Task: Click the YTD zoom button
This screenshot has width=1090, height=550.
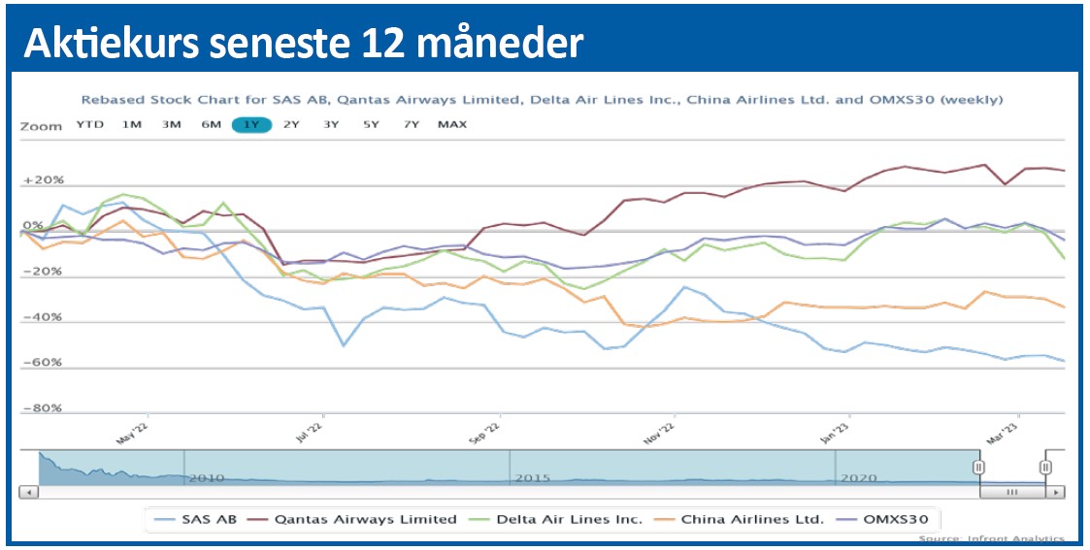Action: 89,124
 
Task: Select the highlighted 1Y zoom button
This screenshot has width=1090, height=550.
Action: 251,124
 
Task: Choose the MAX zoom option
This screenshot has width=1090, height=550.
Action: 451,124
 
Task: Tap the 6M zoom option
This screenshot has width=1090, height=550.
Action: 211,124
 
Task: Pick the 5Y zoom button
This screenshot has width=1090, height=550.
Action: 371,124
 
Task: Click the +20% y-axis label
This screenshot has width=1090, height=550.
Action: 42,181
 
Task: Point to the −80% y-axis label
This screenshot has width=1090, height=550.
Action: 42,408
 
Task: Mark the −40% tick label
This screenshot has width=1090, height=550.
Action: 42,317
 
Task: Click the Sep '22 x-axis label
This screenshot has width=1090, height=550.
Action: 485,433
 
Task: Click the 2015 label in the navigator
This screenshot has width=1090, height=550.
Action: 533,478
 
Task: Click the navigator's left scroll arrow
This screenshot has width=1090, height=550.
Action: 28,492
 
